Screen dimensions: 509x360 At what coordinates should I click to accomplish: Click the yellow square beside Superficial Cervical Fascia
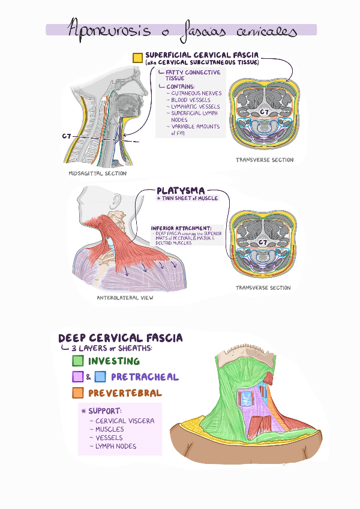point(137,58)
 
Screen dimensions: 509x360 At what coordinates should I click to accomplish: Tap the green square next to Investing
point(77,361)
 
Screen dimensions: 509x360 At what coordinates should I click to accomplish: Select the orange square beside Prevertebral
point(77,393)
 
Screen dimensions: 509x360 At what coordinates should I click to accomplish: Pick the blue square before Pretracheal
point(100,377)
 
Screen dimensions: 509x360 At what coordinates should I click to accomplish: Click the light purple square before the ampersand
point(77,377)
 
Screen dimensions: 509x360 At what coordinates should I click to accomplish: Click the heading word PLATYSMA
point(180,191)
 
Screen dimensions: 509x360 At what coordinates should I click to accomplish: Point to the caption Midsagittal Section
point(98,173)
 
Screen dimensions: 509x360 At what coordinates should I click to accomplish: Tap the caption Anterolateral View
point(125,298)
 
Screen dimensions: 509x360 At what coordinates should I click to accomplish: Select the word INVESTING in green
point(114,361)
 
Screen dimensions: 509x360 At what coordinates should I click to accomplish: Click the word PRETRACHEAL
point(145,377)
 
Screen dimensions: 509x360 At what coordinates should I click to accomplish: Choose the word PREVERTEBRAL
point(125,393)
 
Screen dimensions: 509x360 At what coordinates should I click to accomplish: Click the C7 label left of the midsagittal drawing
point(67,136)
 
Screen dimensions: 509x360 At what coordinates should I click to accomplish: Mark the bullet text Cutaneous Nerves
point(196,94)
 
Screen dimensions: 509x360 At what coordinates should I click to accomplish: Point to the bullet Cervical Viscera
point(124,421)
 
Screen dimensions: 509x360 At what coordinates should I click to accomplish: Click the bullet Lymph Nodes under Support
point(115,446)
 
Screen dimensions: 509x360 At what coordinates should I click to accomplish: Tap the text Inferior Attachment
point(181,228)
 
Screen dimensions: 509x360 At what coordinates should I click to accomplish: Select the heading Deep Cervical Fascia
point(120,339)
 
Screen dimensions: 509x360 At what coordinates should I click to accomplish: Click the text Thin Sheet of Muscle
point(187,199)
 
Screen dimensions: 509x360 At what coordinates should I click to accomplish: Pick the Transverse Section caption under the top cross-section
point(265,160)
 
